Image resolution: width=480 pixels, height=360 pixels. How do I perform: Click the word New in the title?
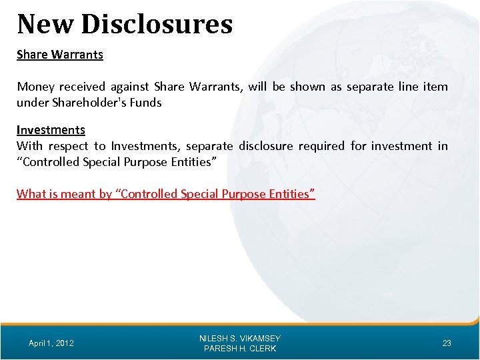[x=45, y=24]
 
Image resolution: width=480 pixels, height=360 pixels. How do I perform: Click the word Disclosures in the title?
[x=157, y=24]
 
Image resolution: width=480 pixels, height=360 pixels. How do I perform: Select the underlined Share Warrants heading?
[x=60, y=55]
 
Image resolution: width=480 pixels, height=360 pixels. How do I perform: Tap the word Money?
[x=36, y=87]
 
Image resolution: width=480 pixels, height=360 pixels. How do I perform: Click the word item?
[x=437, y=87]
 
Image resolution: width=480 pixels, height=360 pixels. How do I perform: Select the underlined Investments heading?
[x=51, y=130]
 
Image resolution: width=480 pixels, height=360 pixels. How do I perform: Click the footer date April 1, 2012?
[x=51, y=343]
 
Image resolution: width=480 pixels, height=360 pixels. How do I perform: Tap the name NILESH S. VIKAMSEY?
[x=240, y=339]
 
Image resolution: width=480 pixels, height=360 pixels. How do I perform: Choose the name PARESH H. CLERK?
[x=240, y=349]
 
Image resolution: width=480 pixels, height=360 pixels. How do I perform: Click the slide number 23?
[x=447, y=343]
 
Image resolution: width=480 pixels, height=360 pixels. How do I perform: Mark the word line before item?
[x=407, y=87]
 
